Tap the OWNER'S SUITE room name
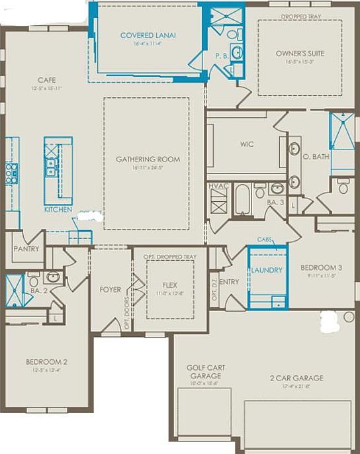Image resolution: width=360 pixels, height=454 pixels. (299, 54)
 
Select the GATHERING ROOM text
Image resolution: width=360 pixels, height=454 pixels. (148, 159)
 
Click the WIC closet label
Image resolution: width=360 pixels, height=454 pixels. (247, 144)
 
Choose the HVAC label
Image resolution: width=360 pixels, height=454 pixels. (218, 187)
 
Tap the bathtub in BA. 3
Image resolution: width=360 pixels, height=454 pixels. (244, 201)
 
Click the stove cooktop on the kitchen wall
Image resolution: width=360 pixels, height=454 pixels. (11, 173)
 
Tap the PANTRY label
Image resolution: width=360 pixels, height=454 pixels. (26, 249)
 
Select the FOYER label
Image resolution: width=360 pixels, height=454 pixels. (110, 290)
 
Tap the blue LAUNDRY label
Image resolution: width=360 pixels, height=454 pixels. (267, 270)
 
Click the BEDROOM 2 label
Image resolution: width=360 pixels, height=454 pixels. (46, 362)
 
